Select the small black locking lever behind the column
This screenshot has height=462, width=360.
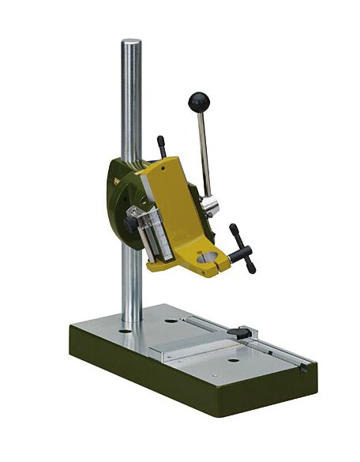point(161,145)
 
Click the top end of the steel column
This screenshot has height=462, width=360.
point(131,41)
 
